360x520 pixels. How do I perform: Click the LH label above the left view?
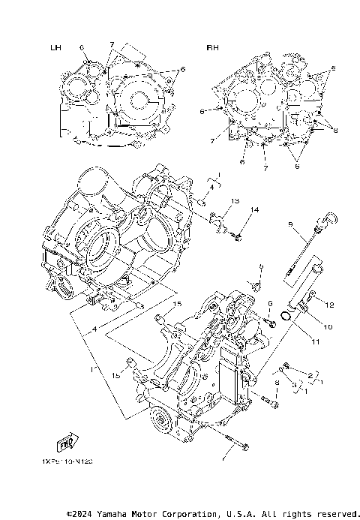tap(55, 48)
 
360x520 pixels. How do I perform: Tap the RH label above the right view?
tap(212, 48)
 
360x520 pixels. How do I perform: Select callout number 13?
tap(235, 201)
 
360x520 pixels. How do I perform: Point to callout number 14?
tap(254, 210)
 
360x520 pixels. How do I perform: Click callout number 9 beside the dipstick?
tap(289, 224)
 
